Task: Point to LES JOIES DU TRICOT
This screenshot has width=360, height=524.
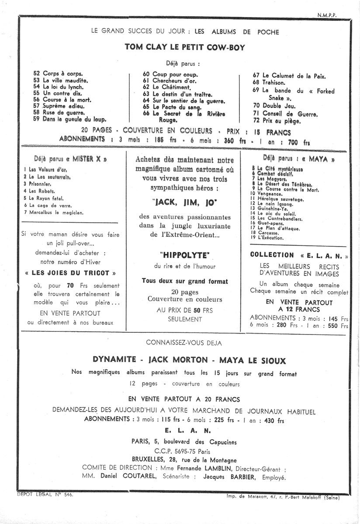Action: pyautogui.click(x=71, y=273)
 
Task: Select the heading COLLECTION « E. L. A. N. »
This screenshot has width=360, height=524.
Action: pyautogui.click(x=299, y=255)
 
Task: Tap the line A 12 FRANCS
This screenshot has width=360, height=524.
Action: pyautogui.click(x=299, y=309)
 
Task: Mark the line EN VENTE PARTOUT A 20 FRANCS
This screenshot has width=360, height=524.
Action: pyautogui.click(x=183, y=399)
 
